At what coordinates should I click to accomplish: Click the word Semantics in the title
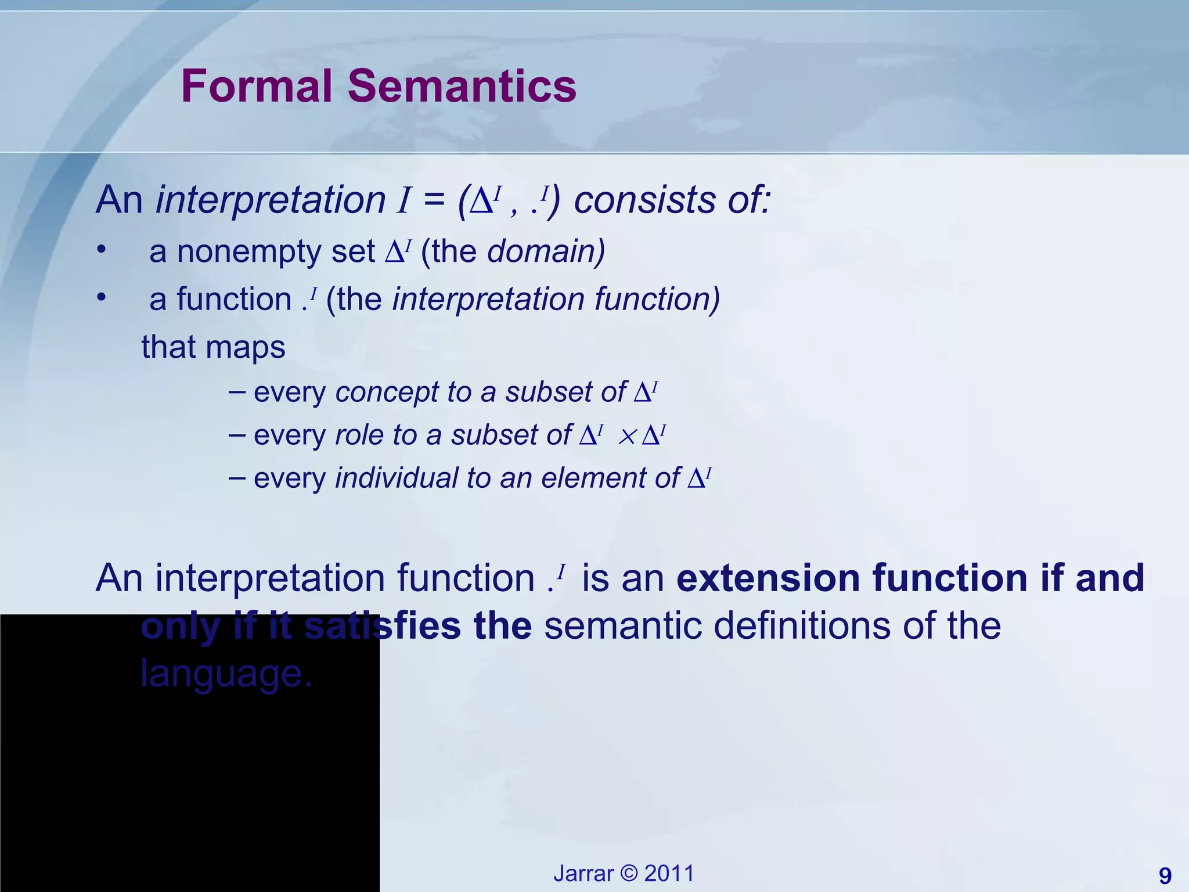[462, 86]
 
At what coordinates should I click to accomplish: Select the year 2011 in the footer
[669, 873]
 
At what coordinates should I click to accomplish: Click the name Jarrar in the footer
[583, 873]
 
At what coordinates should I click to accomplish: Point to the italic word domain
[545, 251]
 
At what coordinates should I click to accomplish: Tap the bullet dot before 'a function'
[102, 297]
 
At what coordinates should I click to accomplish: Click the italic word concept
[387, 392]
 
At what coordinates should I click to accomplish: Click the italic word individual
[397, 478]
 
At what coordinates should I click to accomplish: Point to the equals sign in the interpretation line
[434, 200]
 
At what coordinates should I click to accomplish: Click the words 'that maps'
[213, 347]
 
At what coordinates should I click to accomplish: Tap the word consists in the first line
[644, 200]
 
